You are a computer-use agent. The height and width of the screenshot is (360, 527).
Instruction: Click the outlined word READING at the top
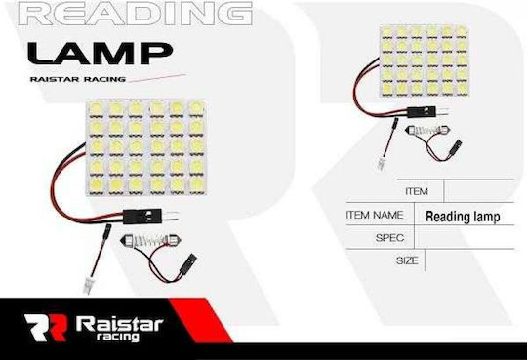[x=135, y=14]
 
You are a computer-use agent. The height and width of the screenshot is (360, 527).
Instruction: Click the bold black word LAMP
[x=100, y=54]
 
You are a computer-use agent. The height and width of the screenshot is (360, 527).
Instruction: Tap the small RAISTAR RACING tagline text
[x=78, y=79]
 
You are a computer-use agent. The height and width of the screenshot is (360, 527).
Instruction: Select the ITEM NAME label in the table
[x=375, y=215]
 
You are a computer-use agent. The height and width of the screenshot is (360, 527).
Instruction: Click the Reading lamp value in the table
[x=463, y=217]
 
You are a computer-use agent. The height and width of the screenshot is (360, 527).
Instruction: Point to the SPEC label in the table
[x=389, y=238]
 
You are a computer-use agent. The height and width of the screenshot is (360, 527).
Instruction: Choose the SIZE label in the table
[x=407, y=260]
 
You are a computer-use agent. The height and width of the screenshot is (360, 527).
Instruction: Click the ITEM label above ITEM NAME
[x=417, y=191]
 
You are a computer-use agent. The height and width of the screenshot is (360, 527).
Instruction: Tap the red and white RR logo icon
[x=46, y=328]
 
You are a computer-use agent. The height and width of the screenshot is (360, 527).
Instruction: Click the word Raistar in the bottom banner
[x=120, y=324]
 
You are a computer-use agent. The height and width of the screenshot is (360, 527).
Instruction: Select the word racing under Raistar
[x=118, y=337]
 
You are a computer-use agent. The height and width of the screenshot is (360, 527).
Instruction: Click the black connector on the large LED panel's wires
[x=142, y=217]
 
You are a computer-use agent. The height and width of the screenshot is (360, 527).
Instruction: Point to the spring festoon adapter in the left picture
[x=151, y=240]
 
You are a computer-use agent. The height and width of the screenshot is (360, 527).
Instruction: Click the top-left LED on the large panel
[x=96, y=110]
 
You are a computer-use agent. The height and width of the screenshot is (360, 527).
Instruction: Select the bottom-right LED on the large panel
[x=197, y=184]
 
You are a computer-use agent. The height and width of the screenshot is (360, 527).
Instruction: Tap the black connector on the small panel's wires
[x=422, y=111]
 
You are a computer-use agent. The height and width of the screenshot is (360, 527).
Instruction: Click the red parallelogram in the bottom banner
[x=201, y=320]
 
